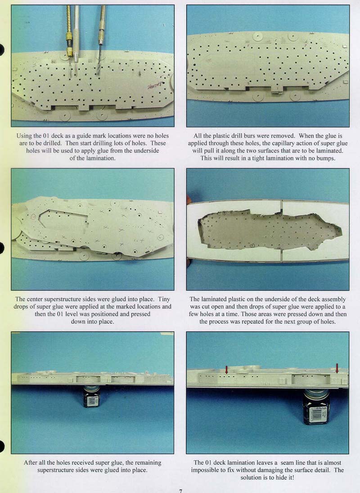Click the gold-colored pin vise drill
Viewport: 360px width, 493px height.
click(x=68, y=38)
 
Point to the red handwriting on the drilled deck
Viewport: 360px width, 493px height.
click(x=155, y=85)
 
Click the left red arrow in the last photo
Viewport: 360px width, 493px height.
click(x=226, y=369)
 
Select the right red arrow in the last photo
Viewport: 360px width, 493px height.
click(x=337, y=368)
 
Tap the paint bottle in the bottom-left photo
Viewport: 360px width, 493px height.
click(x=91, y=396)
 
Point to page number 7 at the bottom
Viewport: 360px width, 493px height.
click(x=180, y=491)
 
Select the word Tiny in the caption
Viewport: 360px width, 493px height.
click(x=164, y=299)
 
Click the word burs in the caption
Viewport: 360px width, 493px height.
click(x=256, y=136)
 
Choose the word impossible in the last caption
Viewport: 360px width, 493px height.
click(x=206, y=471)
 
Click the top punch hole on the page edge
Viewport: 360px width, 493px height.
click(x=1, y=49)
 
